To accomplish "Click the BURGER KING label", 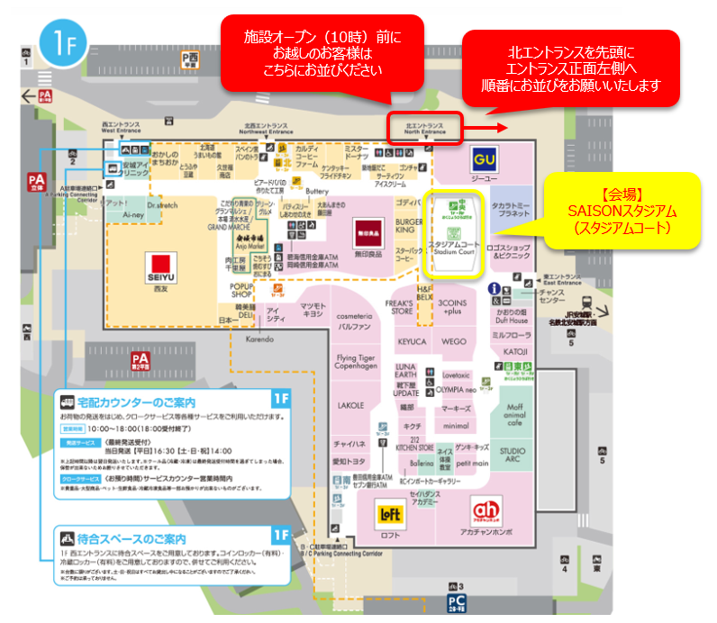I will click(410, 226).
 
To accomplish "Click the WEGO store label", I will click(454, 342).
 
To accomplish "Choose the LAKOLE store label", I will click(351, 406).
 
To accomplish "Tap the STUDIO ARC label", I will click(513, 455).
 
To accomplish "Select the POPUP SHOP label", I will click(246, 289).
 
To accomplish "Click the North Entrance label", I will click(425, 128).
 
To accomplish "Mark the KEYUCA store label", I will click(412, 342).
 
